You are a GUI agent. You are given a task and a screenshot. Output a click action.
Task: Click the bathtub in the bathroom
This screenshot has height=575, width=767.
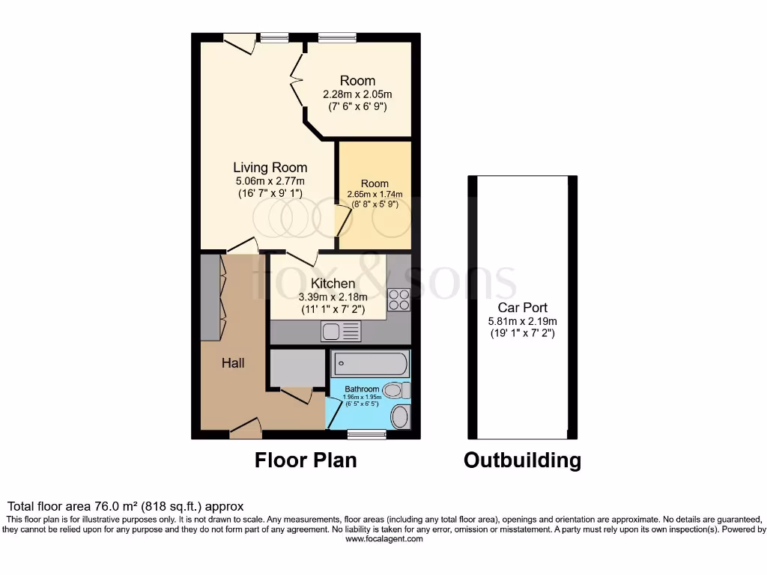(370, 365)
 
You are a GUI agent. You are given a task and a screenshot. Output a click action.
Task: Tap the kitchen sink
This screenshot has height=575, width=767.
(341, 331)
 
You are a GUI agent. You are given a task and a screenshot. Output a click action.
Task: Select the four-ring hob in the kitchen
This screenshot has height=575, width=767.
(398, 299)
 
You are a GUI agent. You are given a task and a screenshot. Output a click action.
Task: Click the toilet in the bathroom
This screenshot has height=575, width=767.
(395, 390)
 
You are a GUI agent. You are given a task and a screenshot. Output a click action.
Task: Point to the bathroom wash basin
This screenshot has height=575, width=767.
(400, 416)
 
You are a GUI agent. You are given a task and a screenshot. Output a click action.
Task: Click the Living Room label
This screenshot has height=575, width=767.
(270, 167)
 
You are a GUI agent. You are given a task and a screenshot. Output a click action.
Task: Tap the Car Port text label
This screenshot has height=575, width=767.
(522, 307)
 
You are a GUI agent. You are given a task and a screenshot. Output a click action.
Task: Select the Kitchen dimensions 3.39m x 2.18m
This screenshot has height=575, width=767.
(333, 296)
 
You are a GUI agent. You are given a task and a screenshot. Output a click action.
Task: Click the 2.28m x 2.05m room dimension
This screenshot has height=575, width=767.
(357, 94)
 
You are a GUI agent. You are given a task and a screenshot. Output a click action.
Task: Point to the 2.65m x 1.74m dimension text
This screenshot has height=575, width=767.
(375, 194)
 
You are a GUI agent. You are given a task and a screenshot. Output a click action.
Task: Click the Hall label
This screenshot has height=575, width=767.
(232, 363)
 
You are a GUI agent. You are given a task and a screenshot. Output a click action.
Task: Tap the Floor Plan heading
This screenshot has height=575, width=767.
(306, 459)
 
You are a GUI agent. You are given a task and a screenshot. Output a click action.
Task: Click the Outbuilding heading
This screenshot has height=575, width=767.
(522, 459)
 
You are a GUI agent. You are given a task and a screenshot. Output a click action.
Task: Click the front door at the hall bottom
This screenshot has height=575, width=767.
(246, 428)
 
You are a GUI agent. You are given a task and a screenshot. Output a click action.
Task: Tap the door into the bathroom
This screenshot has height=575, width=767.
(333, 412)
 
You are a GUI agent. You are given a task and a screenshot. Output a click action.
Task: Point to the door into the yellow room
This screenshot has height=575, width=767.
(344, 223)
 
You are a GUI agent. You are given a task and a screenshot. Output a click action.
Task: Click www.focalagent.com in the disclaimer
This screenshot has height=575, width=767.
(383, 539)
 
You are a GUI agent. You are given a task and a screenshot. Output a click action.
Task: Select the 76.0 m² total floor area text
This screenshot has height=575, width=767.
(125, 506)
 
